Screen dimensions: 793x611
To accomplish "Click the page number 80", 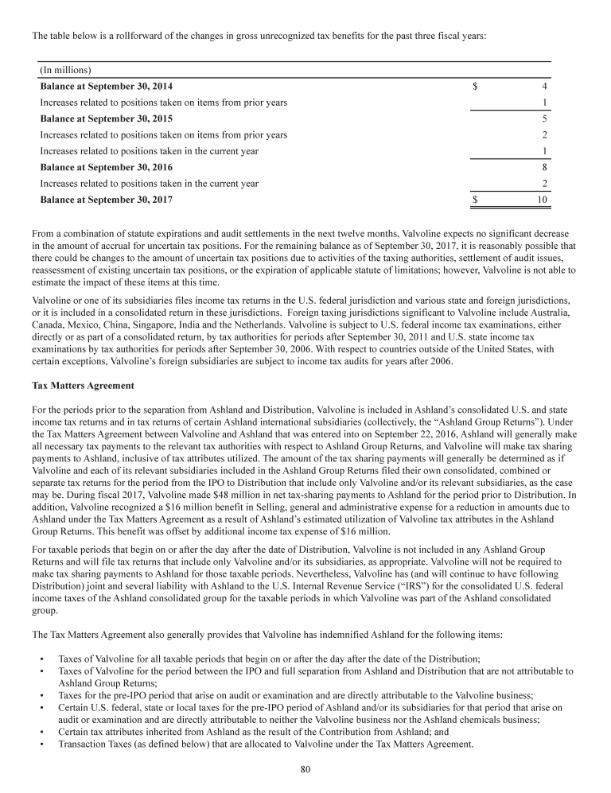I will click(x=305, y=768).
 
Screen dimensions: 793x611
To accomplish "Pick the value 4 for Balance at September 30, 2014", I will click(x=544, y=86).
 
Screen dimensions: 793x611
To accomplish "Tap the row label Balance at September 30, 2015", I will click(x=106, y=119).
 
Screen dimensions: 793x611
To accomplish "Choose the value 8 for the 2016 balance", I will click(x=544, y=168).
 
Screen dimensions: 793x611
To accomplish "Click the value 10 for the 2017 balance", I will click(x=542, y=200).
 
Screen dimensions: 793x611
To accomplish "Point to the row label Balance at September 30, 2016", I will click(x=106, y=168).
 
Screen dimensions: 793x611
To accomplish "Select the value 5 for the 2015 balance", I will click(x=544, y=119).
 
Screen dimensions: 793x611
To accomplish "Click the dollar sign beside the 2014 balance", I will click(x=475, y=86).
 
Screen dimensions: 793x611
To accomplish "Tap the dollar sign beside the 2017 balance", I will click(x=475, y=200).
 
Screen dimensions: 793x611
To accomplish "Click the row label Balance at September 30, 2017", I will click(x=106, y=200).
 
